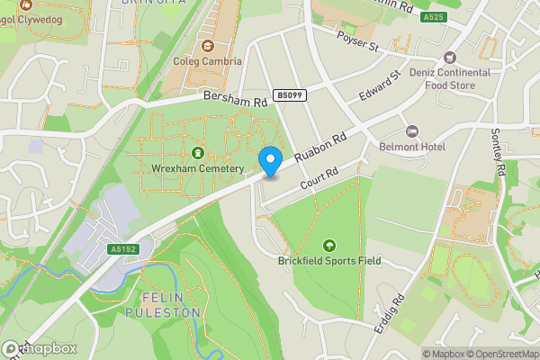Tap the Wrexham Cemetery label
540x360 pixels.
[198, 169]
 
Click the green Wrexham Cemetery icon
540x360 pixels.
[198, 153]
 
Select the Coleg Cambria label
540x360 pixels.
[208, 62]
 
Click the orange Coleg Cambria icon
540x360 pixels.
[208, 46]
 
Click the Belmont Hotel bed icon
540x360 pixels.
[413, 131]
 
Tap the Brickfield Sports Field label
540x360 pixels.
[328, 261]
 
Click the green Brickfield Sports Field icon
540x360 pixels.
[328, 245]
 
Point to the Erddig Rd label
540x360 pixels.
[391, 310]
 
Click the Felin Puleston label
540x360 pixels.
[171, 304]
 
